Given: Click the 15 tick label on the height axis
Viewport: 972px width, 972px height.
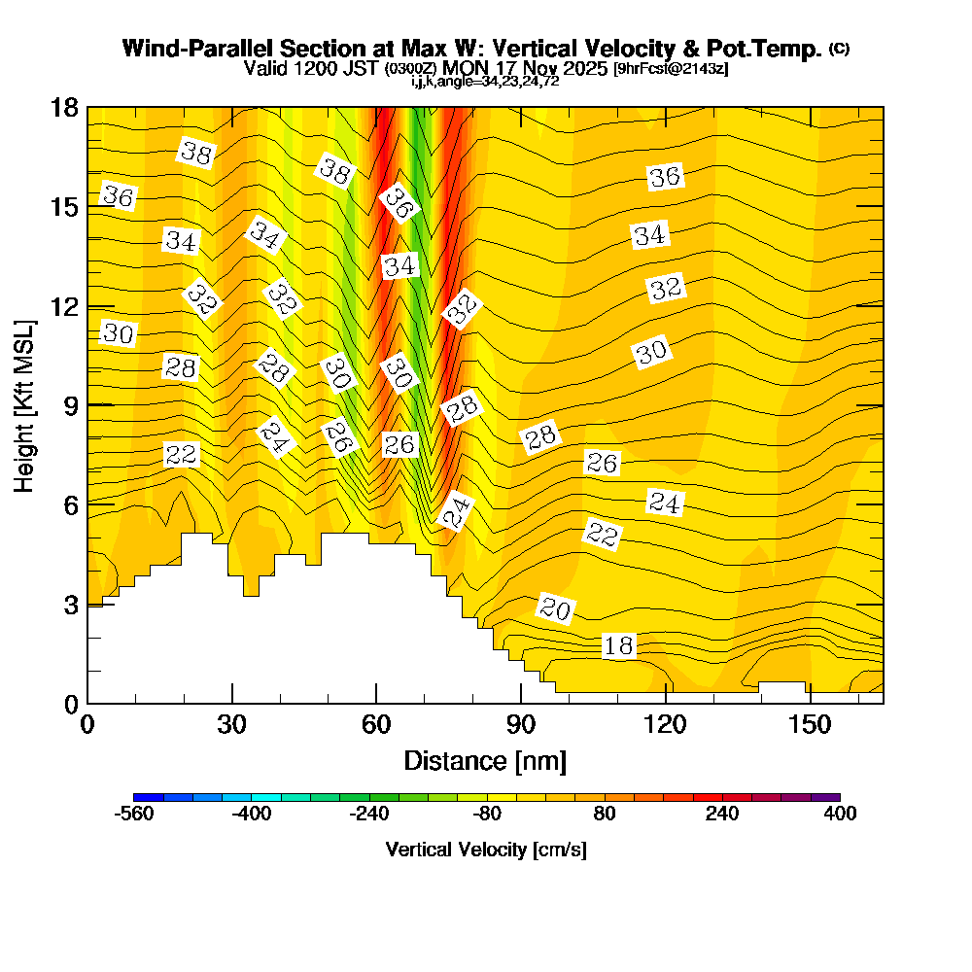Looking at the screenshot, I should coord(64,207).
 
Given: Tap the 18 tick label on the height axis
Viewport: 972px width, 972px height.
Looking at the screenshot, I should coord(64,107).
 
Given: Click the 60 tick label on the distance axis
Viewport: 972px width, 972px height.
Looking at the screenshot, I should coord(376,725).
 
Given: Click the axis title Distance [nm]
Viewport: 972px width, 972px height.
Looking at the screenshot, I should coord(485,760).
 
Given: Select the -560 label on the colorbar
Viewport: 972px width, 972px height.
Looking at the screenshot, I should coord(134,815).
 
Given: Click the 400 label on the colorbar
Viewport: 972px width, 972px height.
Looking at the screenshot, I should coord(840,815).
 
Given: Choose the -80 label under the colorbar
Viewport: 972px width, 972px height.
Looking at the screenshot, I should coord(487,815).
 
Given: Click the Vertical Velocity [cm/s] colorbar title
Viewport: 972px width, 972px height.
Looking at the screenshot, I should coord(486,850).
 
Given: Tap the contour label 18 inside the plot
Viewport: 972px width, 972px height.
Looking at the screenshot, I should coord(619,646).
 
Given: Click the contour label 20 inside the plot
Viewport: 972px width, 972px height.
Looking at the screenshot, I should coord(555,609).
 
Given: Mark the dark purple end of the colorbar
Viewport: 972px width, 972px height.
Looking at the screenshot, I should coord(825,797).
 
